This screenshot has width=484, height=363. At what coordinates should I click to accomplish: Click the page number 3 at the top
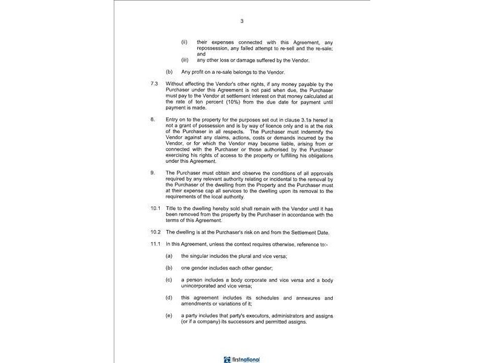(x=242, y=21)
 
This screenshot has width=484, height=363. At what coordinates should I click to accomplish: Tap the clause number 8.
(x=152, y=121)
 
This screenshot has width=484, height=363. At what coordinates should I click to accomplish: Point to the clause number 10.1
(x=155, y=208)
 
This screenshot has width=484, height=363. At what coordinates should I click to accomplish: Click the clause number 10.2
(x=155, y=232)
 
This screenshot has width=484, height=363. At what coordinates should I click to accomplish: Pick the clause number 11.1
(x=155, y=243)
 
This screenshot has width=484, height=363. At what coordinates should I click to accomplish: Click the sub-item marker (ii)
(x=184, y=42)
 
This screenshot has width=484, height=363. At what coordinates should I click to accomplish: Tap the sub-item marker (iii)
(x=185, y=60)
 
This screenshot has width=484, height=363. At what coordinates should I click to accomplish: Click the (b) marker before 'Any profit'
(x=169, y=72)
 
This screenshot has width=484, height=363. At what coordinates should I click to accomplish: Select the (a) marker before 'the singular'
(x=169, y=256)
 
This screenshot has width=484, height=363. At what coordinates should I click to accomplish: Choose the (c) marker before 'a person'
(x=169, y=280)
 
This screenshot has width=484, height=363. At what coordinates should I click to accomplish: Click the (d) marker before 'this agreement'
(x=169, y=298)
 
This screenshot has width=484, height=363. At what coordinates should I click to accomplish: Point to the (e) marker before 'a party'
(x=169, y=316)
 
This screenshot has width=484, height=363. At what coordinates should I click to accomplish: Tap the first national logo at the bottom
(x=241, y=359)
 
